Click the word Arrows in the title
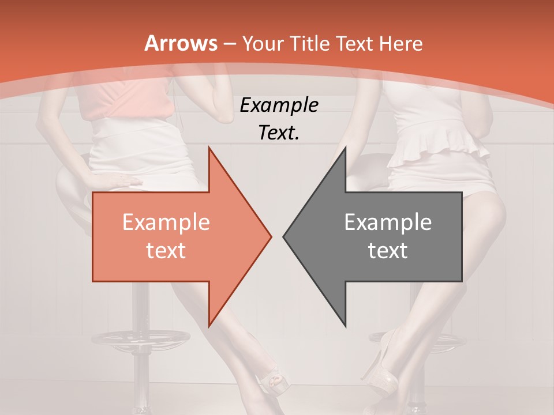(x=181, y=43)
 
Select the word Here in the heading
(x=402, y=43)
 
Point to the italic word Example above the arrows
(x=279, y=105)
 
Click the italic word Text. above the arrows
(x=279, y=133)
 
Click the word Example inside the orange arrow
(x=166, y=222)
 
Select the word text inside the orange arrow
(x=166, y=251)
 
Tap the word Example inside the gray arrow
(x=388, y=222)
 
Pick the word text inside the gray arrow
(x=388, y=251)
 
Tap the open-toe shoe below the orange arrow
(x=271, y=383)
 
